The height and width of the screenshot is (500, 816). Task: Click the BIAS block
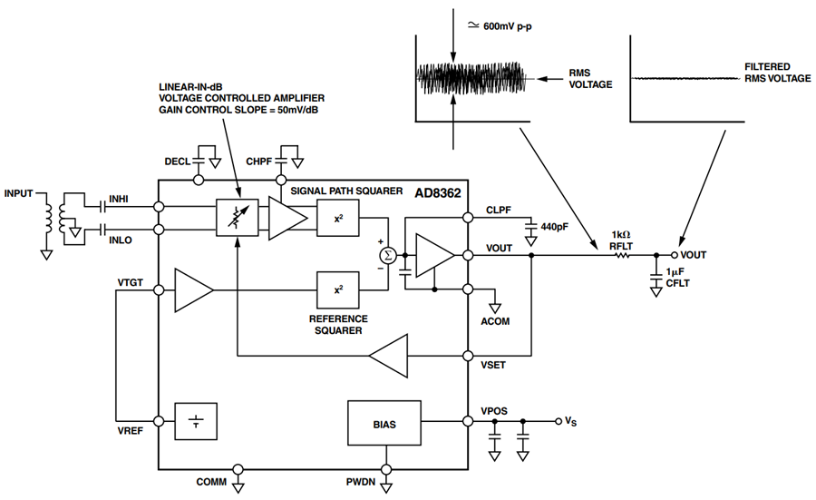tap(384, 423)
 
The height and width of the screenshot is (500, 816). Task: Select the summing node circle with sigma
tap(388, 255)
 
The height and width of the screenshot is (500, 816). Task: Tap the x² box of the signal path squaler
tap(338, 218)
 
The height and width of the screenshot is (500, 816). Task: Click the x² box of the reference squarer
tap(338, 289)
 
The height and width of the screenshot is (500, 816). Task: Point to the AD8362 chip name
tap(438, 194)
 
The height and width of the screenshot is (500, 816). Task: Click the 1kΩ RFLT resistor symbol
tap(622, 255)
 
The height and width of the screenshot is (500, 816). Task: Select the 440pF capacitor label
tap(554, 227)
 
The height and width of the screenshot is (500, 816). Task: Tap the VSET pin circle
tap(468, 356)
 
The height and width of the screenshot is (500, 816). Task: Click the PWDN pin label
tap(361, 482)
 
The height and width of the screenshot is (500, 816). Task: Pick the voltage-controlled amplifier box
tap(238, 218)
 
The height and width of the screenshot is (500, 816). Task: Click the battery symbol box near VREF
tap(196, 421)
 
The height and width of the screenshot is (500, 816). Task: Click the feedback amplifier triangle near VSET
tap(388, 356)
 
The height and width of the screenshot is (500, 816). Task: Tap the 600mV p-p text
tap(508, 26)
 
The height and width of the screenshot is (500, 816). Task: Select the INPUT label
tap(19, 194)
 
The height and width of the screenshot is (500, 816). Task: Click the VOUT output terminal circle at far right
tap(675, 255)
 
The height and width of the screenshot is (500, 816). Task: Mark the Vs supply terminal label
tap(571, 421)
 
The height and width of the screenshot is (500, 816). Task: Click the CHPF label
tap(259, 162)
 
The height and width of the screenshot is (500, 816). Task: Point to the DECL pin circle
tap(199, 181)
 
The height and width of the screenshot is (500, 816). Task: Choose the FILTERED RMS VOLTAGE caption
tap(778, 73)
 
